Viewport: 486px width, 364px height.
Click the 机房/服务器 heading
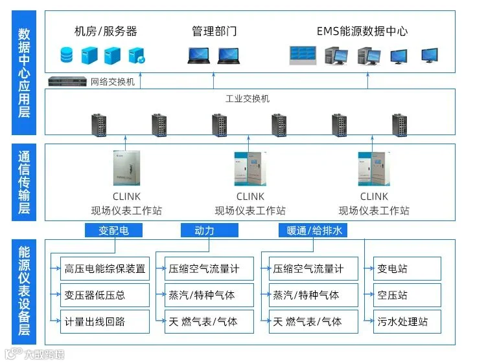pos(106,31)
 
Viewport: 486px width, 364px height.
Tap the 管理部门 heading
pos(214,31)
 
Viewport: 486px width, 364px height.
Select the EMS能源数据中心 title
pos(362,31)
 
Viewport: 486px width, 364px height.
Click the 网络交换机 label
pos(113,82)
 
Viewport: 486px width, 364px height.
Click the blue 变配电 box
pos(114,230)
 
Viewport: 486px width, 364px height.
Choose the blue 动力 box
pos(204,230)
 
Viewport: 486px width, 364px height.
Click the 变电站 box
pos(407,268)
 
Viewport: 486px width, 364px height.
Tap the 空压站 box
pos(407,295)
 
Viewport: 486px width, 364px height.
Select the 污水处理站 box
pos(407,321)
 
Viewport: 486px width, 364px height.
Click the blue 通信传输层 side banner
pos(24,182)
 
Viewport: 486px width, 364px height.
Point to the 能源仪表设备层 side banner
pos(24,292)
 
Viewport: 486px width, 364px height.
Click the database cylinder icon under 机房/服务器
pos(66,56)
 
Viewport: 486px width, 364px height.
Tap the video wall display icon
pos(302,55)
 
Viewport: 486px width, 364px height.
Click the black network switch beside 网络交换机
pos(67,82)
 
